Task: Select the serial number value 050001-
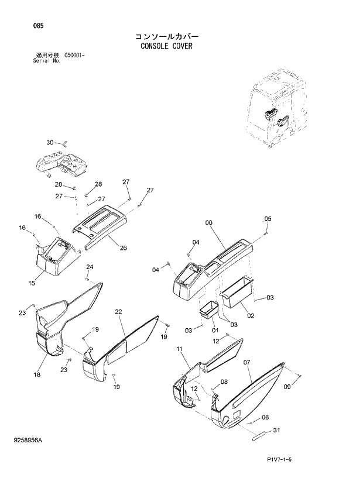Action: [76, 55]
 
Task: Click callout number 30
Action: [50, 142]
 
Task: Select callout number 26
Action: [124, 247]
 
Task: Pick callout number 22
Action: [118, 312]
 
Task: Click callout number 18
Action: [37, 374]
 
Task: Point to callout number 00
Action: [209, 223]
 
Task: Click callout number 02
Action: [250, 316]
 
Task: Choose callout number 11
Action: [179, 349]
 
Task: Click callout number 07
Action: [246, 363]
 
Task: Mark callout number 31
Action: [276, 431]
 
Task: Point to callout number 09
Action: [287, 387]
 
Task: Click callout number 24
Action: [90, 267]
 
